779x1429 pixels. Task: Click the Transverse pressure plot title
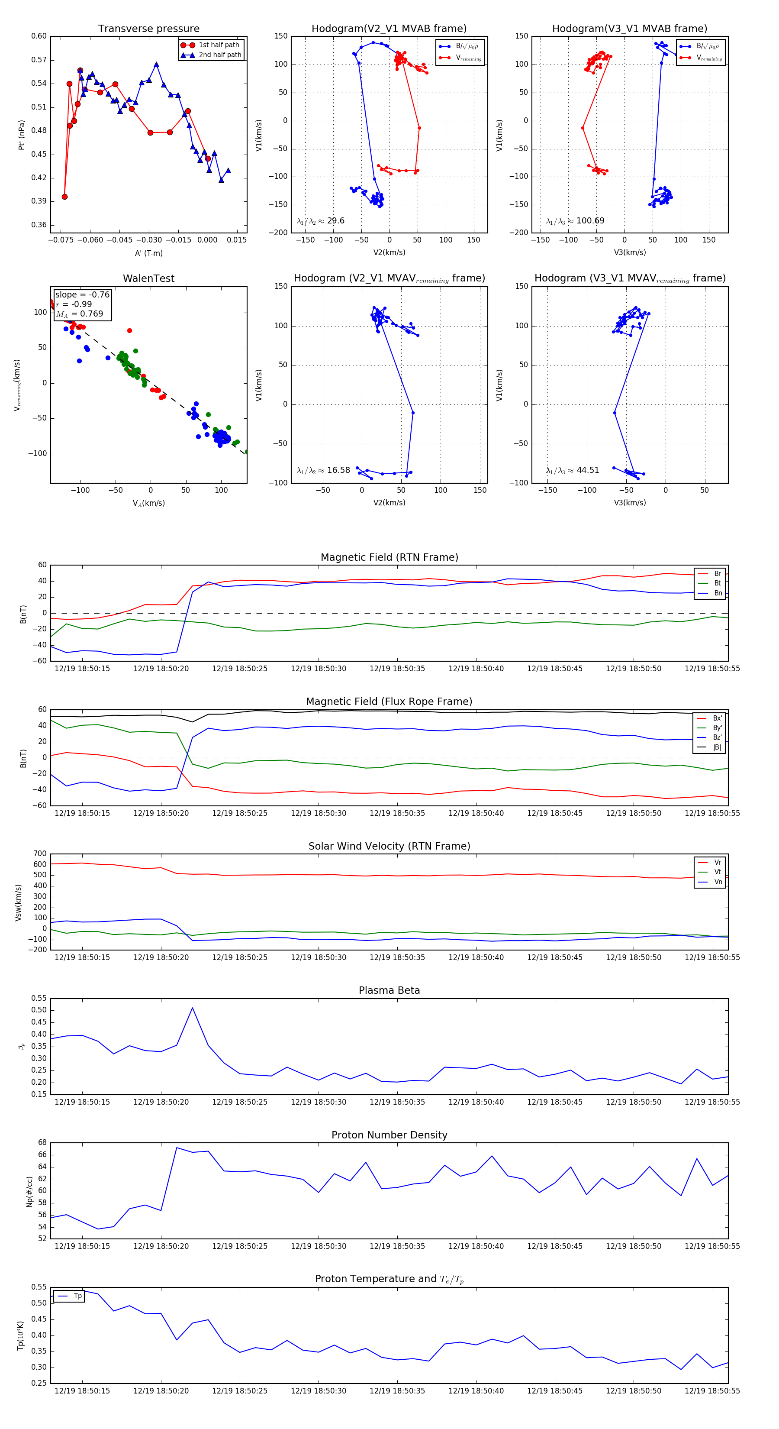coord(148,29)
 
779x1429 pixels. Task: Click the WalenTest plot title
coord(148,278)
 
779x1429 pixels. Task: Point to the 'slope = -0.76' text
coord(82,294)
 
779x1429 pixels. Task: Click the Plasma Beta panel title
coord(389,991)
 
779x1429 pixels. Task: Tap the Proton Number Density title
coord(389,1135)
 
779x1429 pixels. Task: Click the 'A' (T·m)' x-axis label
coord(148,253)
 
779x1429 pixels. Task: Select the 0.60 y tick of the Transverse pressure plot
coord(39,36)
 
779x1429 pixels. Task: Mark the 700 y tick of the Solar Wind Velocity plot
coord(40,854)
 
